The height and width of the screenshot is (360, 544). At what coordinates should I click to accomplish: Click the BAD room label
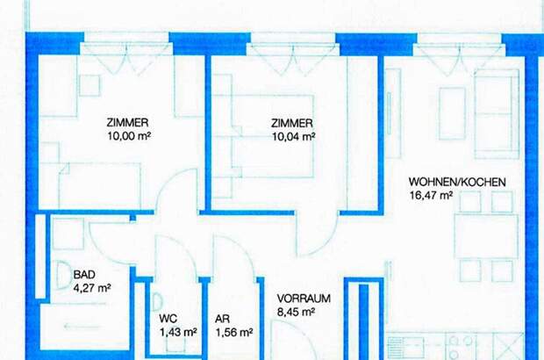pyautogui.click(x=84, y=274)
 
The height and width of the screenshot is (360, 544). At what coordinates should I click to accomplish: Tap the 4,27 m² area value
pyautogui.click(x=91, y=287)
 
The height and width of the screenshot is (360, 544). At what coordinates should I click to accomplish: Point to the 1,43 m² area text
pyautogui.click(x=178, y=333)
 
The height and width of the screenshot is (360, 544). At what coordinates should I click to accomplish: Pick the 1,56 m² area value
pyautogui.click(x=234, y=333)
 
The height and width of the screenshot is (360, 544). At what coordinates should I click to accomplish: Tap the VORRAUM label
pyautogui.click(x=304, y=299)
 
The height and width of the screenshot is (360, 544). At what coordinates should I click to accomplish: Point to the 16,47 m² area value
pyautogui.click(x=431, y=197)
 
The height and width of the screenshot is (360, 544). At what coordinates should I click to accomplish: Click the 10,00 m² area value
pyautogui.click(x=127, y=136)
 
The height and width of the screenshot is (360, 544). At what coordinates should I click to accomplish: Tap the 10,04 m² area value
pyautogui.click(x=293, y=136)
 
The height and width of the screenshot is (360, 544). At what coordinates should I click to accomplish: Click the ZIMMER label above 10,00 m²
pyautogui.click(x=127, y=123)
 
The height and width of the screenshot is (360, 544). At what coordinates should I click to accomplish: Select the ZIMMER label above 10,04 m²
pyautogui.click(x=293, y=123)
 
